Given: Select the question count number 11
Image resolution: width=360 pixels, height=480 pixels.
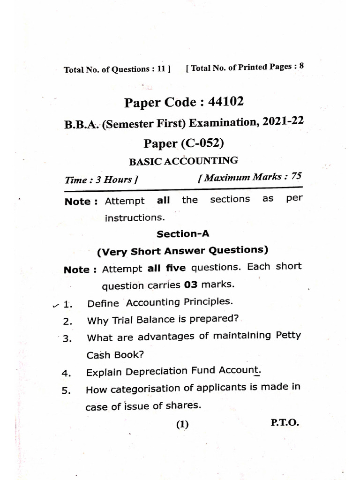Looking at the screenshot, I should [161, 69].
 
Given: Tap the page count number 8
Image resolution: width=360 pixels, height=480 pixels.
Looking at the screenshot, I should [301, 66].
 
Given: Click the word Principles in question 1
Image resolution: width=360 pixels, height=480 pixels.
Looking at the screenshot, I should [207, 302].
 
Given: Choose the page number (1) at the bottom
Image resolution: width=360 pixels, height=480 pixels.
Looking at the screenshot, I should [182, 425].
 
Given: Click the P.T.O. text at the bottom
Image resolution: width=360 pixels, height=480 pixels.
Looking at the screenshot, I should [285, 422].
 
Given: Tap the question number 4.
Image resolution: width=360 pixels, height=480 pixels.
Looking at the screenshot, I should [66, 374].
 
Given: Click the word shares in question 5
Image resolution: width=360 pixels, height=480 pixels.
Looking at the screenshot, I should [183, 406].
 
